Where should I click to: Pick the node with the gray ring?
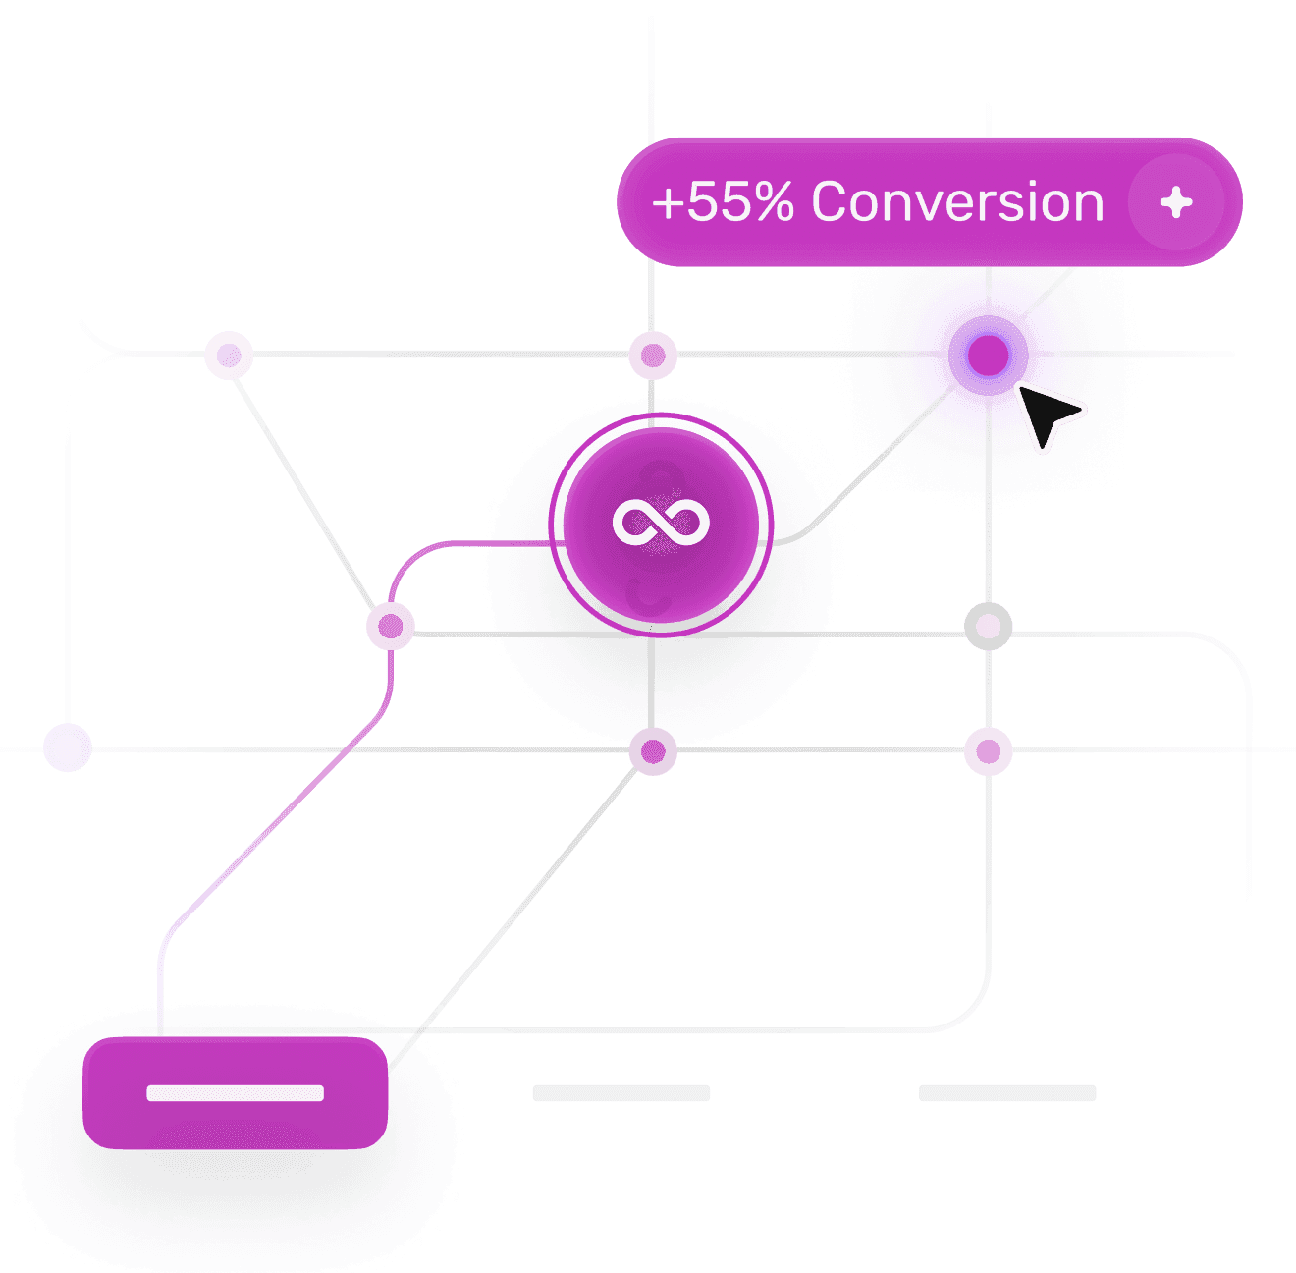[987, 626]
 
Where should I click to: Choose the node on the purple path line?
[390, 626]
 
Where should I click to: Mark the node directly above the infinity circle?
[652, 355]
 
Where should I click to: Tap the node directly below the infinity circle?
[652, 750]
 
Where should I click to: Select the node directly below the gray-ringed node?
[987, 750]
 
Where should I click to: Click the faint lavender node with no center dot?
[68, 747]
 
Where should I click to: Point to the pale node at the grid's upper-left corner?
[229, 355]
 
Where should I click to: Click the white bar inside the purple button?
[235, 1092]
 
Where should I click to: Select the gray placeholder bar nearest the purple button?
[621, 1092]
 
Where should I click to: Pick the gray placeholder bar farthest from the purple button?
[1006, 1092]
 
